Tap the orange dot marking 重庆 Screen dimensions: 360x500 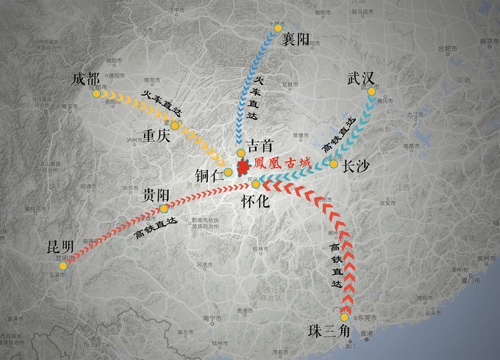pos(175,125)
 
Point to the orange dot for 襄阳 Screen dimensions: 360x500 pos(277,28)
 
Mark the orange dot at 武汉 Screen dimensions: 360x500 pos(371,91)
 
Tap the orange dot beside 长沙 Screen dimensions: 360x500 pos(333,164)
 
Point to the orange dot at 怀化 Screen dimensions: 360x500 pos(256,184)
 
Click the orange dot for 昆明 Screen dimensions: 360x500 pos(63,266)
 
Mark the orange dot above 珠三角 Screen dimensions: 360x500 pos(344,317)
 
